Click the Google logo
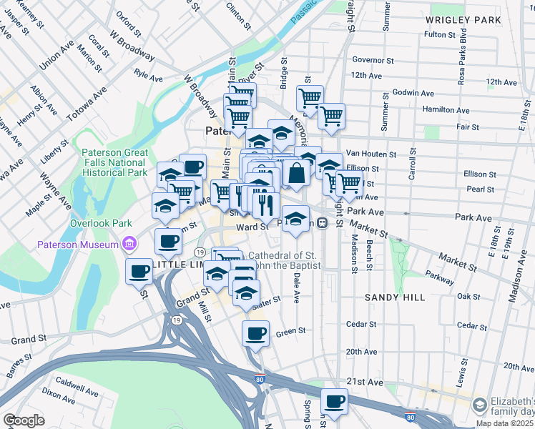pos(24,420)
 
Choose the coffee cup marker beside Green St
pos(255,332)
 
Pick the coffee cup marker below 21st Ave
pos(334,400)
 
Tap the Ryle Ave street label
pos(149,73)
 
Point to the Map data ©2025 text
pos(501,423)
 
